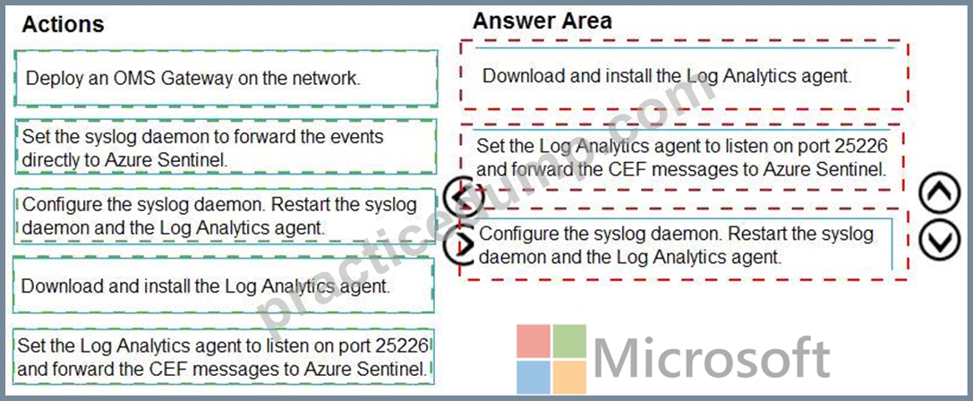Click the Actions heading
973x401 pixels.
coord(63,24)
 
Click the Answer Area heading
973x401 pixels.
coord(542,21)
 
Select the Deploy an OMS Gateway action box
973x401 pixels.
coord(226,78)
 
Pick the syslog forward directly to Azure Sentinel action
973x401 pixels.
coord(226,147)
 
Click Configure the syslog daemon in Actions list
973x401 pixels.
coord(226,216)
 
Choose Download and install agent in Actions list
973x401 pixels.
coord(224,286)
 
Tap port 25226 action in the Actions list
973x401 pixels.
coord(224,356)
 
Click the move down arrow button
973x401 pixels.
coord(940,239)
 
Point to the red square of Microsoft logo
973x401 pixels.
coord(533,341)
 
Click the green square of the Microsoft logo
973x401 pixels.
coord(569,341)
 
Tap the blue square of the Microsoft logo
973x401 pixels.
coord(533,377)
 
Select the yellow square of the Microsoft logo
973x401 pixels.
coord(569,377)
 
